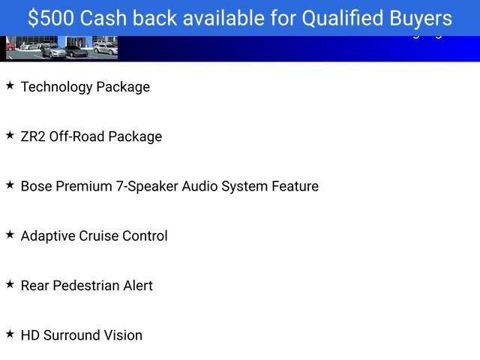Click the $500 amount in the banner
(x=52, y=19)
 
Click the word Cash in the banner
(x=108, y=19)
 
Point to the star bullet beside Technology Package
(x=10, y=86)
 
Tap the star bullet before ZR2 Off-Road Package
(x=10, y=136)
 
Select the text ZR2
(x=33, y=136)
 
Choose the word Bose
(x=36, y=186)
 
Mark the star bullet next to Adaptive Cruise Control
(x=10, y=235)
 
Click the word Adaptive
(x=46, y=236)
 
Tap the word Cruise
(x=97, y=235)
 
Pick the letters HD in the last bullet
(x=30, y=335)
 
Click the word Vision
(x=123, y=335)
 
